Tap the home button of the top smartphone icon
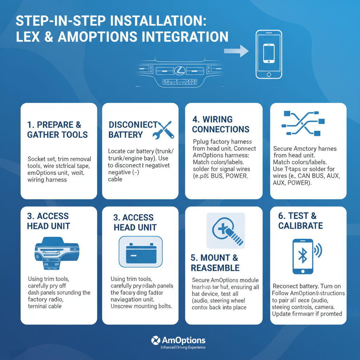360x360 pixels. point(269,75)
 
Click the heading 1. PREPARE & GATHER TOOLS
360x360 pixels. point(57,130)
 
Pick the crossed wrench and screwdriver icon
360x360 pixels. point(162,129)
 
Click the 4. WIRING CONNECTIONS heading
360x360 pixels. point(221,124)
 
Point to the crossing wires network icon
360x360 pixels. point(302,123)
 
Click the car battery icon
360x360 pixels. point(141,251)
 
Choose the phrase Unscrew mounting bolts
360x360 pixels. point(141,306)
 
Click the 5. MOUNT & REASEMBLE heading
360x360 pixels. point(215,263)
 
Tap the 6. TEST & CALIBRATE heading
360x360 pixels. point(301,221)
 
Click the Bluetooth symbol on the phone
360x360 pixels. point(303,256)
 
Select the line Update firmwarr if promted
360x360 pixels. point(307,314)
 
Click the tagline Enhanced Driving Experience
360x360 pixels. point(183,347)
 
